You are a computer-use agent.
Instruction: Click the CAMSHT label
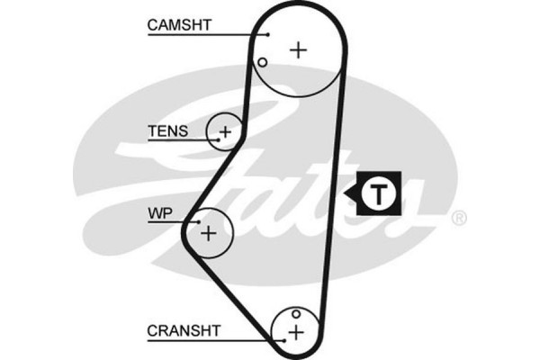[x=179, y=25]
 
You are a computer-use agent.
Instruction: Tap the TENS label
[x=167, y=131]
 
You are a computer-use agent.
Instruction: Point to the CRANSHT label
[x=184, y=330]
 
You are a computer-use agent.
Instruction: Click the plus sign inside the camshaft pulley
[x=299, y=49]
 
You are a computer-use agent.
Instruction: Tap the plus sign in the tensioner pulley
[x=225, y=134]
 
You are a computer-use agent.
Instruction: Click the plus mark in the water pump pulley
[x=209, y=234]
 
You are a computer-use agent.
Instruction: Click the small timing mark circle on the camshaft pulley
[x=262, y=62]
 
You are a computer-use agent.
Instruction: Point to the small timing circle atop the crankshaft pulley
[x=295, y=314]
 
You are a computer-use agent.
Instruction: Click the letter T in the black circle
[x=382, y=192]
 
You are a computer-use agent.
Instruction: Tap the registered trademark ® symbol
[x=458, y=219]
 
